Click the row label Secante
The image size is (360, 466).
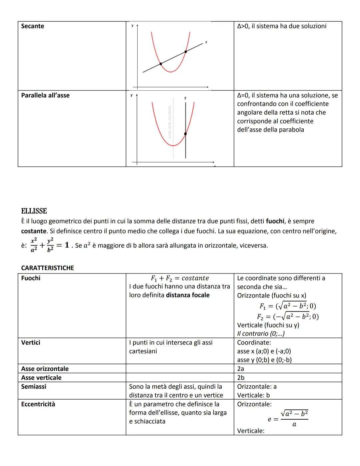pyautogui.click(x=32, y=26)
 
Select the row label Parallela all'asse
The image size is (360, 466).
pyautogui.click(x=45, y=95)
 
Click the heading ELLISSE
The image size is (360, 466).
pyautogui.click(x=34, y=211)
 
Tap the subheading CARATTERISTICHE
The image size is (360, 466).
pyautogui.click(x=47, y=268)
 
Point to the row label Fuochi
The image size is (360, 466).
pyautogui.click(x=31, y=278)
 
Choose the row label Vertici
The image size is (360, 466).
pyautogui.click(x=31, y=343)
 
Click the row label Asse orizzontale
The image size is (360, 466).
pyautogui.click(x=45, y=369)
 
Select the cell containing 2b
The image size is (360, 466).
pyautogui.click(x=241, y=378)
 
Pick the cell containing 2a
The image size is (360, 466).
pyautogui.click(x=241, y=369)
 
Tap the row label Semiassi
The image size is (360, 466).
pyautogui.click(x=34, y=387)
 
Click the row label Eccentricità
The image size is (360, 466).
pyautogui.click(x=38, y=404)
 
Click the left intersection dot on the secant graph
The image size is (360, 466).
pyautogui.click(x=161, y=64)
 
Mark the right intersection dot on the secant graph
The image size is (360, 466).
pyautogui.click(x=186, y=51)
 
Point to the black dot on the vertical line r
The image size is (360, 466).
pyautogui.click(x=185, y=134)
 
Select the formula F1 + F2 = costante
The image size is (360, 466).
pyautogui.click(x=180, y=278)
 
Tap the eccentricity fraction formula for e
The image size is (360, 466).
pyautogui.click(x=288, y=419)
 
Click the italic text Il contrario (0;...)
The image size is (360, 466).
pyautogui.click(x=261, y=334)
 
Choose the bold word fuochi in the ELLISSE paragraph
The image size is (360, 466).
pyautogui.click(x=275, y=221)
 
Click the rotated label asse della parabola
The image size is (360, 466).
pyautogui.click(x=169, y=122)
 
